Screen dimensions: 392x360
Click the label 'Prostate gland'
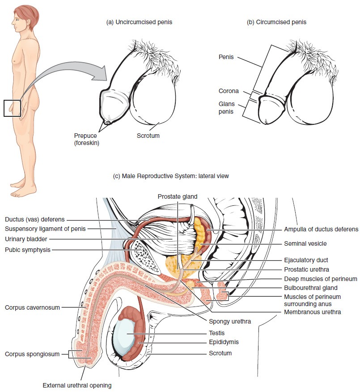(177, 196)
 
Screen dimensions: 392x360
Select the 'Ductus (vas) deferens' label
(35, 220)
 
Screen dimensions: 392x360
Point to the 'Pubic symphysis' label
(28, 250)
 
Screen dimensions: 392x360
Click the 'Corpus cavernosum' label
(32, 307)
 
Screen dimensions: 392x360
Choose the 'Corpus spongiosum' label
(32, 354)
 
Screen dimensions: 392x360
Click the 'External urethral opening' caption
(76, 385)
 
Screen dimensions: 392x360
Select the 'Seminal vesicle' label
(305, 244)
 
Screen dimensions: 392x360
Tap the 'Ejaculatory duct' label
(306, 260)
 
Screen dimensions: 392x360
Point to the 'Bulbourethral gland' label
(310, 288)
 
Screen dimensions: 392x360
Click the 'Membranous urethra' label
(312, 312)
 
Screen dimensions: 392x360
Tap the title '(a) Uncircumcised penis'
(139, 22)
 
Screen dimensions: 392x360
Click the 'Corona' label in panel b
(229, 91)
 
